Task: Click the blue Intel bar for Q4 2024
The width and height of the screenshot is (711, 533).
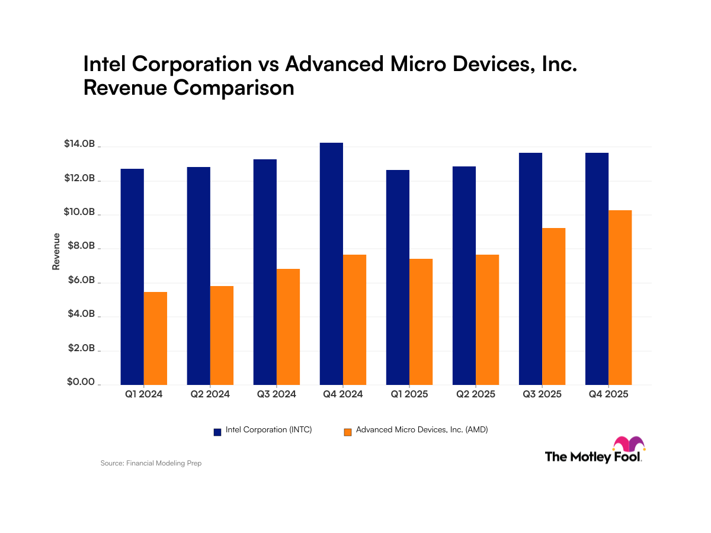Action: (331, 264)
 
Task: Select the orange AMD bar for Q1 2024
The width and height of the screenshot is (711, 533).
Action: (155, 338)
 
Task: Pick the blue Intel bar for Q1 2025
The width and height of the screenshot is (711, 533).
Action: (398, 277)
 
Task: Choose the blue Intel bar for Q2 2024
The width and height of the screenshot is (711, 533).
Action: (198, 276)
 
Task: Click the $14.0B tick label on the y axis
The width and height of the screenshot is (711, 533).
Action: (79, 144)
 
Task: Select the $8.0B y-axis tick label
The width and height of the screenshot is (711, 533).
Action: (79, 246)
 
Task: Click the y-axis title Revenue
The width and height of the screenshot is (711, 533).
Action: (56, 252)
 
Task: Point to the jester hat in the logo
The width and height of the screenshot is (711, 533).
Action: (628, 444)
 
